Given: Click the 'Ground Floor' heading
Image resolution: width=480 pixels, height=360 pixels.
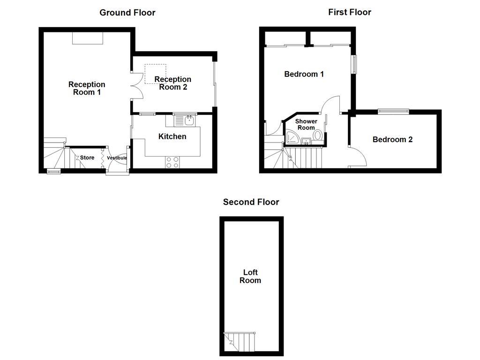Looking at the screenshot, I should click(x=127, y=13).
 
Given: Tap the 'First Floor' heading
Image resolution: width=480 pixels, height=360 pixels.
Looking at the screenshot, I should click(x=349, y=12).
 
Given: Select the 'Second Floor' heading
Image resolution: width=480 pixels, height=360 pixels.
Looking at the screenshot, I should click(x=251, y=202).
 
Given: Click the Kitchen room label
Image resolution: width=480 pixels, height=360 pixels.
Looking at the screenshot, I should click(x=172, y=136).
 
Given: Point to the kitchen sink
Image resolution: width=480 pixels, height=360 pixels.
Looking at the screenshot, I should click(x=189, y=120).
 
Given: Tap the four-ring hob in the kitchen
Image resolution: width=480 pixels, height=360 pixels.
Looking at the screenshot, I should click(x=172, y=162).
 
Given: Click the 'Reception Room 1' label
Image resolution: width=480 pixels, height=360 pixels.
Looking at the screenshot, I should click(x=87, y=88).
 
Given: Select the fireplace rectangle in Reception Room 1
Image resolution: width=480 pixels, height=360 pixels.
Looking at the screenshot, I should click(x=87, y=38).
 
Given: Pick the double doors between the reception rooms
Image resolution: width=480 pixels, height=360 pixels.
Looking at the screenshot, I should click(x=136, y=85).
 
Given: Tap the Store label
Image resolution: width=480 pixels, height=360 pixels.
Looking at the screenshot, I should click(x=87, y=158).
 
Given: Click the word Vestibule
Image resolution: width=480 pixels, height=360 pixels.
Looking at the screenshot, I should click(x=117, y=158).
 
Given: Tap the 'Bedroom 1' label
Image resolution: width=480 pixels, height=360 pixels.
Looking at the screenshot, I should click(x=304, y=74).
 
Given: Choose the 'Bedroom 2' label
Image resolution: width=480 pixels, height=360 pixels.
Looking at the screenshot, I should click(x=392, y=139).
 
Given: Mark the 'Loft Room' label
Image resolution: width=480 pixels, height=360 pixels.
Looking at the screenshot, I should click(x=250, y=276).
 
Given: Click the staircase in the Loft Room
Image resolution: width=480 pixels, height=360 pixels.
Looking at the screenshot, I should click(x=240, y=342).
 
